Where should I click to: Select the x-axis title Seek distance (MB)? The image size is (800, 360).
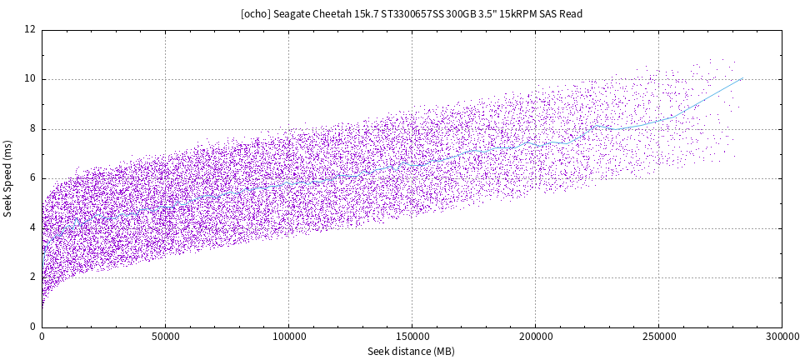(411, 351)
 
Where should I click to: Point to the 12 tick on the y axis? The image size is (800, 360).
(30, 30)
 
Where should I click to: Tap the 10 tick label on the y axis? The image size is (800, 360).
(30, 79)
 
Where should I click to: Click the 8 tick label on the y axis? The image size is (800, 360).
(32, 129)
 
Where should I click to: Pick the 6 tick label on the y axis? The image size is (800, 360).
(32, 178)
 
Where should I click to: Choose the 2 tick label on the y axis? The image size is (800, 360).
(32, 277)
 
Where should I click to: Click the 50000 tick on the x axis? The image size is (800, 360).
(165, 337)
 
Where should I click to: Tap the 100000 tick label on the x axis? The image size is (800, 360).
(288, 337)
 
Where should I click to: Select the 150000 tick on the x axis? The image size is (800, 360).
(412, 337)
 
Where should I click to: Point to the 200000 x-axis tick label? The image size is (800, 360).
(535, 337)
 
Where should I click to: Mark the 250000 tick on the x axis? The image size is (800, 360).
(658, 337)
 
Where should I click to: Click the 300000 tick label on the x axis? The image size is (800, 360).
(781, 337)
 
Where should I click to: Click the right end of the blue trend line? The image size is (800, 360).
(742, 78)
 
